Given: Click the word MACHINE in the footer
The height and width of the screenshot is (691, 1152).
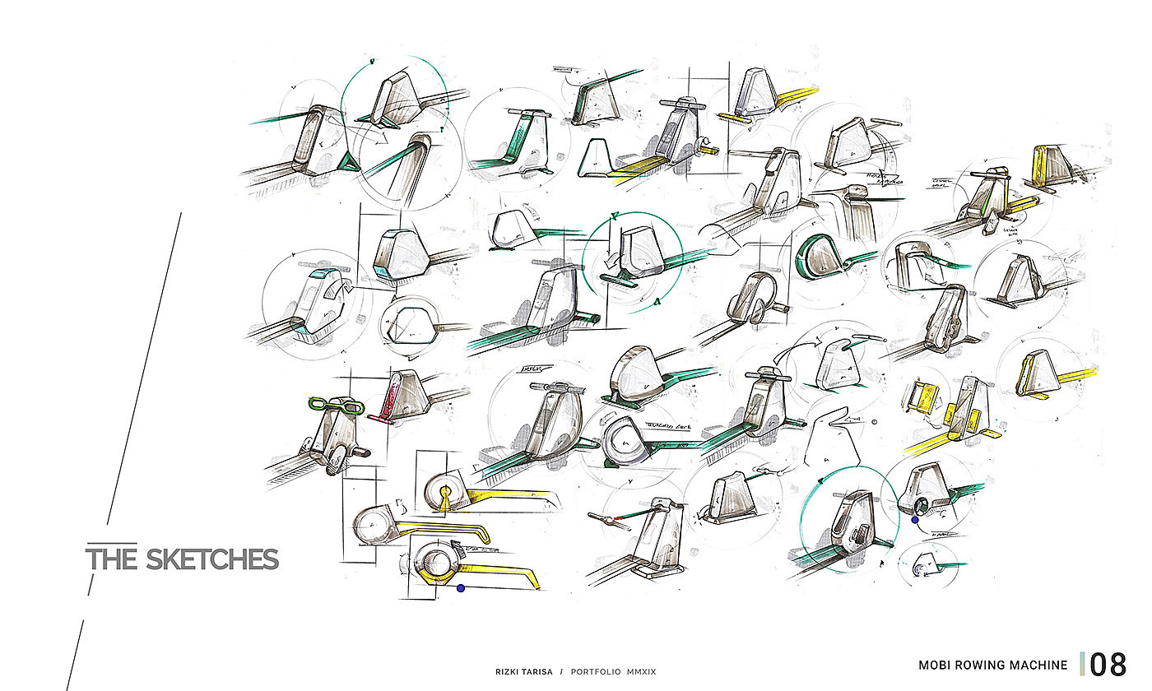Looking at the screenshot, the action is (1038, 665).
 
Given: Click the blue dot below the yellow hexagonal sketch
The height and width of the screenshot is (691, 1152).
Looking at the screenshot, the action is (461, 588).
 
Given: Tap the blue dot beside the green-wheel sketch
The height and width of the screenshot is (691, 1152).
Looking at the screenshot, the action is (914, 519).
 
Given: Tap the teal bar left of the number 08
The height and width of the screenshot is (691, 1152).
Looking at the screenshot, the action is (1083, 664).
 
